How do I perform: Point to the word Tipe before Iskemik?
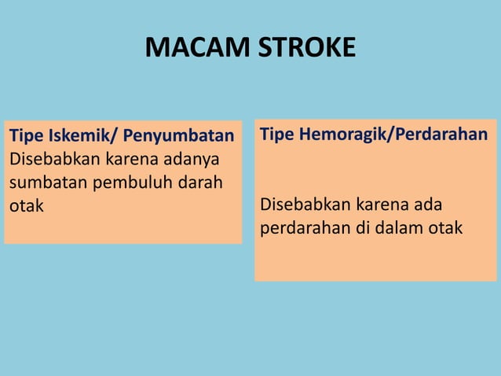(x=25, y=137)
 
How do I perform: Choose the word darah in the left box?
(x=200, y=183)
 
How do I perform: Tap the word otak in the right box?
(x=445, y=228)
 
